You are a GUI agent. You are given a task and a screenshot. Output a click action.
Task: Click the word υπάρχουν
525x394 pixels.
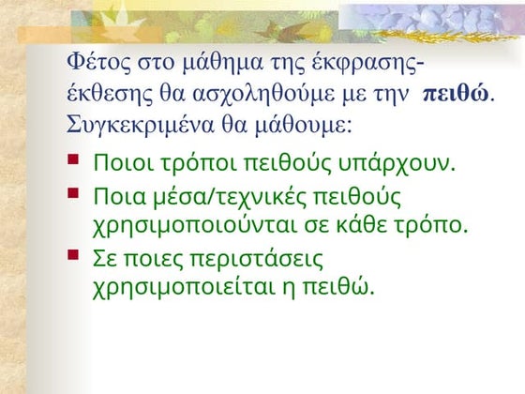click(x=405, y=163)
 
